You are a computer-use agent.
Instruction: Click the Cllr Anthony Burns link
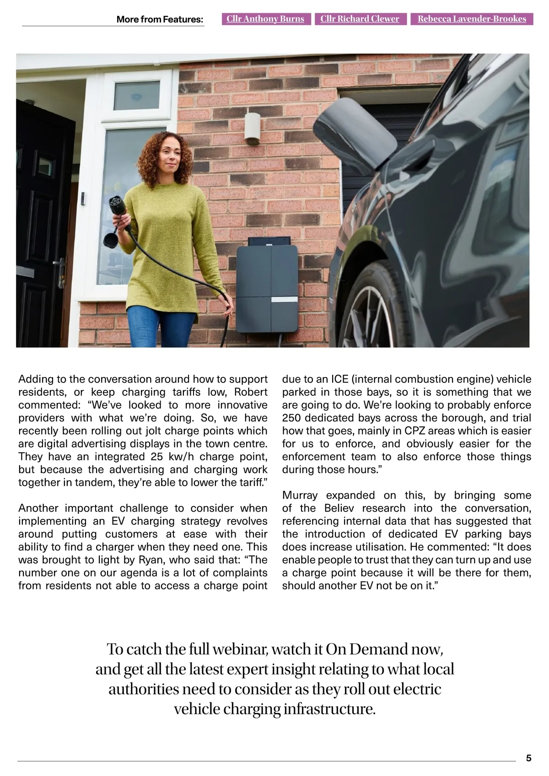click(x=265, y=19)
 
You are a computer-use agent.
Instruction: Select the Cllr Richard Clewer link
click(x=360, y=19)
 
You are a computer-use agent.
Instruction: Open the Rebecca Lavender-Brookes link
click(x=472, y=19)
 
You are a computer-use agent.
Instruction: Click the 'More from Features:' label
click(x=160, y=19)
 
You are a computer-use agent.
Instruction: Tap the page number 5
click(x=529, y=758)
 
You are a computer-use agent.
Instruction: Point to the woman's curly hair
click(x=165, y=151)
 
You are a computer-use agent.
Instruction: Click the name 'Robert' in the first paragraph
click(x=251, y=392)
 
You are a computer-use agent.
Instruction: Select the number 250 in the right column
click(x=291, y=418)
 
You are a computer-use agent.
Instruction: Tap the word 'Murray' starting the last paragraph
click(x=300, y=495)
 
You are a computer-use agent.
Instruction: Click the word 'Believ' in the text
click(x=339, y=508)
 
